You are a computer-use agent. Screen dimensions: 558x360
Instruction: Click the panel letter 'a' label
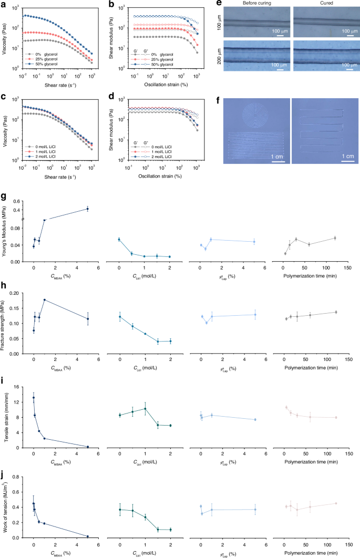3,3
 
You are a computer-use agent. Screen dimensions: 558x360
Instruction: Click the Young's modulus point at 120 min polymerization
335,238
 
